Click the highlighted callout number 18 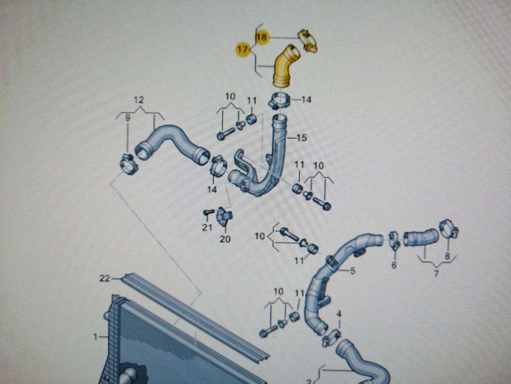tap(261, 38)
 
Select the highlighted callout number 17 tap(242, 50)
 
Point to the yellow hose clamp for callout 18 tap(308, 41)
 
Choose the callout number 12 tap(139, 101)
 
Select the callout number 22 tap(105, 279)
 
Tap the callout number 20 tap(225, 239)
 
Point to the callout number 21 tap(207, 228)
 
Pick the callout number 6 tap(394, 265)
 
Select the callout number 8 tap(447, 256)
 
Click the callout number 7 tap(436, 273)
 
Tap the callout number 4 tap(339, 314)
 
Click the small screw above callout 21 tap(208, 212)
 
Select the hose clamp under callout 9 tap(127, 164)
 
